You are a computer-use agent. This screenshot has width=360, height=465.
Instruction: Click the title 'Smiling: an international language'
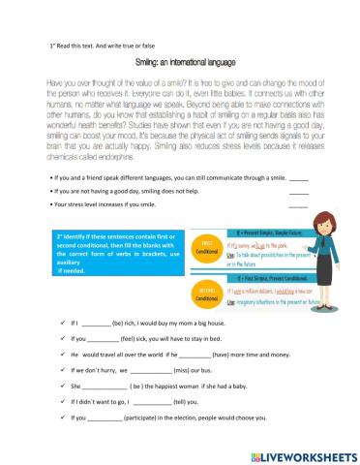pos(179,62)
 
